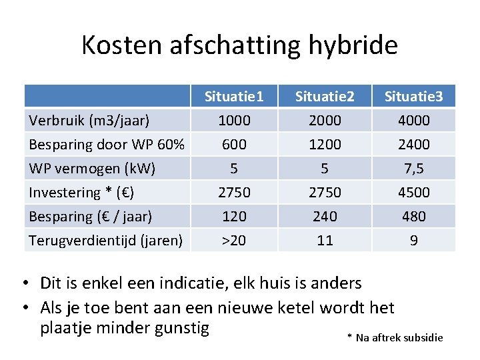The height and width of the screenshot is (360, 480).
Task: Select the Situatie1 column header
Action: point(234,97)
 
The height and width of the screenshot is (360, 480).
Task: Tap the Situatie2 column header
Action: point(325,97)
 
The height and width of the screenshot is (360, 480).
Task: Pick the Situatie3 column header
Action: point(413,97)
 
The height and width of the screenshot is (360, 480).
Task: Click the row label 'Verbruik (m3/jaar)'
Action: point(89,121)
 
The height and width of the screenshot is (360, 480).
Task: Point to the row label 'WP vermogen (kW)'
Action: point(92,169)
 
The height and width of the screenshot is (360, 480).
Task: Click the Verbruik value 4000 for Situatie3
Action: point(413,121)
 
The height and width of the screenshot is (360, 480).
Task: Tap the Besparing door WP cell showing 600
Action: point(234,145)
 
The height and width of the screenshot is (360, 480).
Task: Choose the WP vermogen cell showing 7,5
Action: point(413,169)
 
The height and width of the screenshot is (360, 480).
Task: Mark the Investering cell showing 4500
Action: point(413,193)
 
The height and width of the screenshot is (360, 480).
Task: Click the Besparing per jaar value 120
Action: point(234,217)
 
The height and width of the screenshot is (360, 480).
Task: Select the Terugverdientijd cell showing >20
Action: point(234,240)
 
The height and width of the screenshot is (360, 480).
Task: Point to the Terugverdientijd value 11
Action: point(325,240)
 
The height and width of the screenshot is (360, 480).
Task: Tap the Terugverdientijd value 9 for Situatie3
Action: point(413,240)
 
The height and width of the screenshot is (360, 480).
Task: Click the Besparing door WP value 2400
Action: point(413,145)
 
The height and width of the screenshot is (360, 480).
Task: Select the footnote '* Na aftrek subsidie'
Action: point(395,338)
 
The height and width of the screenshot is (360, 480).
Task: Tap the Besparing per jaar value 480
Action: point(413,217)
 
